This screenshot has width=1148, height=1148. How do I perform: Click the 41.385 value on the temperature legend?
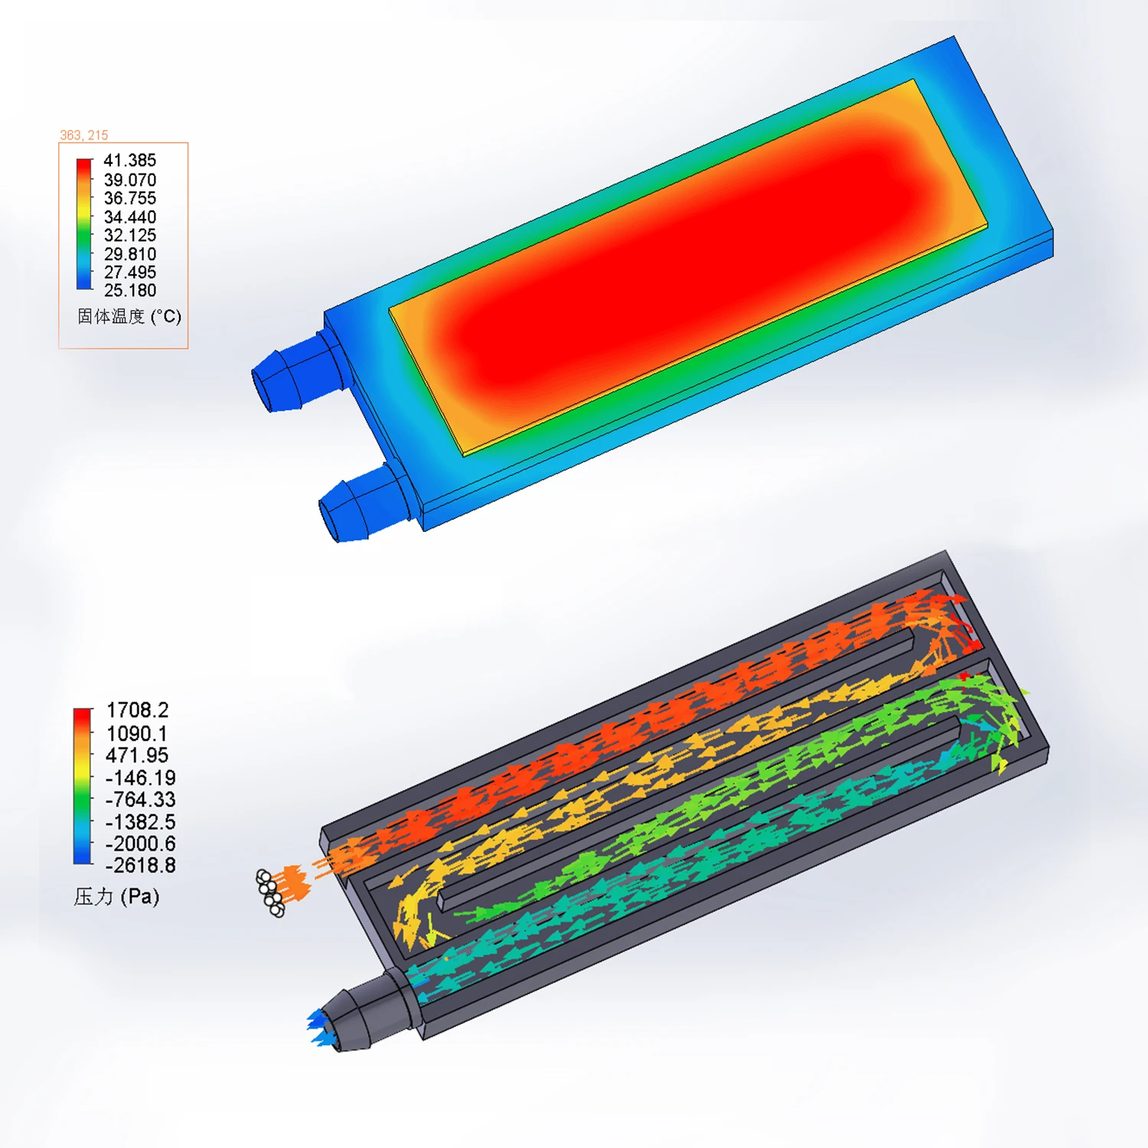[130, 161]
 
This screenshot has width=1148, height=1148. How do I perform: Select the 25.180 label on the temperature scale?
[130, 291]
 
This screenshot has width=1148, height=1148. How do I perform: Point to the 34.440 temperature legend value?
[130, 217]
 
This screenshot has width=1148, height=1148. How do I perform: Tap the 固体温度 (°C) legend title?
[129, 317]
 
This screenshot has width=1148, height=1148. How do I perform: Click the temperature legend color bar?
[84, 224]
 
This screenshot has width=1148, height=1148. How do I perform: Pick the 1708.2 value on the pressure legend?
[137, 710]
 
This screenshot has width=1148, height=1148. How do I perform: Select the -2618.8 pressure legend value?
[140, 866]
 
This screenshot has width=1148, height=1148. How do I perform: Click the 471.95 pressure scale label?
[137, 755]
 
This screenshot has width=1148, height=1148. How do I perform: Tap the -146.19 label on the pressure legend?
[140, 778]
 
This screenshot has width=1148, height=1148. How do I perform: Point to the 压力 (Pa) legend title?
[116, 897]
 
